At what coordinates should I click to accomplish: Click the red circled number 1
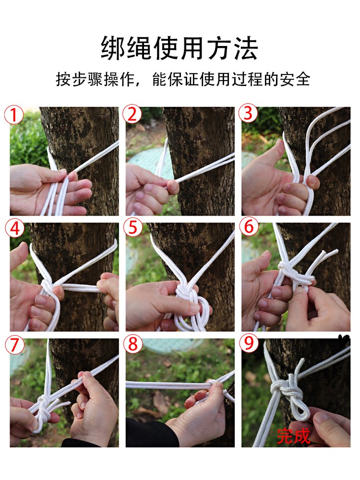(13, 115)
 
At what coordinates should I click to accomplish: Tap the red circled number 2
(132, 115)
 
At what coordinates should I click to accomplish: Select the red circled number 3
(248, 113)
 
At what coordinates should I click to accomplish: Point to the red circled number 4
(14, 229)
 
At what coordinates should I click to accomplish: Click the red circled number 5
(133, 228)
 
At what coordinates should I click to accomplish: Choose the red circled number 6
(249, 228)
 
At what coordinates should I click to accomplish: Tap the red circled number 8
(133, 344)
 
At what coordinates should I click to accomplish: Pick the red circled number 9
(249, 344)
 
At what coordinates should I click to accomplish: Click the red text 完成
(293, 436)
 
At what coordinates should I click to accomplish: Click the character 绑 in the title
(113, 48)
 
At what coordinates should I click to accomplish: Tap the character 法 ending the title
(246, 48)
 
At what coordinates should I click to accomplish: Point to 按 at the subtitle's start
(63, 79)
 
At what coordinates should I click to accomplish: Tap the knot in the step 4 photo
(48, 287)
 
